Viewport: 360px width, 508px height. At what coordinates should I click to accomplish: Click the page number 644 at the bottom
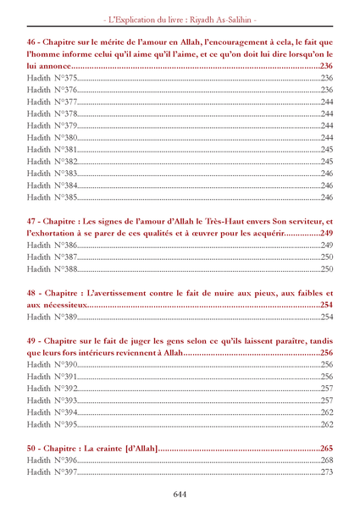[180, 494]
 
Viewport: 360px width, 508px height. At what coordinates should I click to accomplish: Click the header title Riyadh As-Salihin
[223, 18]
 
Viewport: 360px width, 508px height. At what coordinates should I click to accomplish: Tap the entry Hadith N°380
[52, 136]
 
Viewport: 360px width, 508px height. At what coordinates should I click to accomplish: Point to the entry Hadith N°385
[52, 196]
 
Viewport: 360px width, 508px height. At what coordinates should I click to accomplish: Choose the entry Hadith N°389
[52, 317]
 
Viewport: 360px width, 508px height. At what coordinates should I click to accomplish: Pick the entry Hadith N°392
[52, 388]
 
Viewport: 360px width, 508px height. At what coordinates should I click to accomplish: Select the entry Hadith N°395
[52, 423]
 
